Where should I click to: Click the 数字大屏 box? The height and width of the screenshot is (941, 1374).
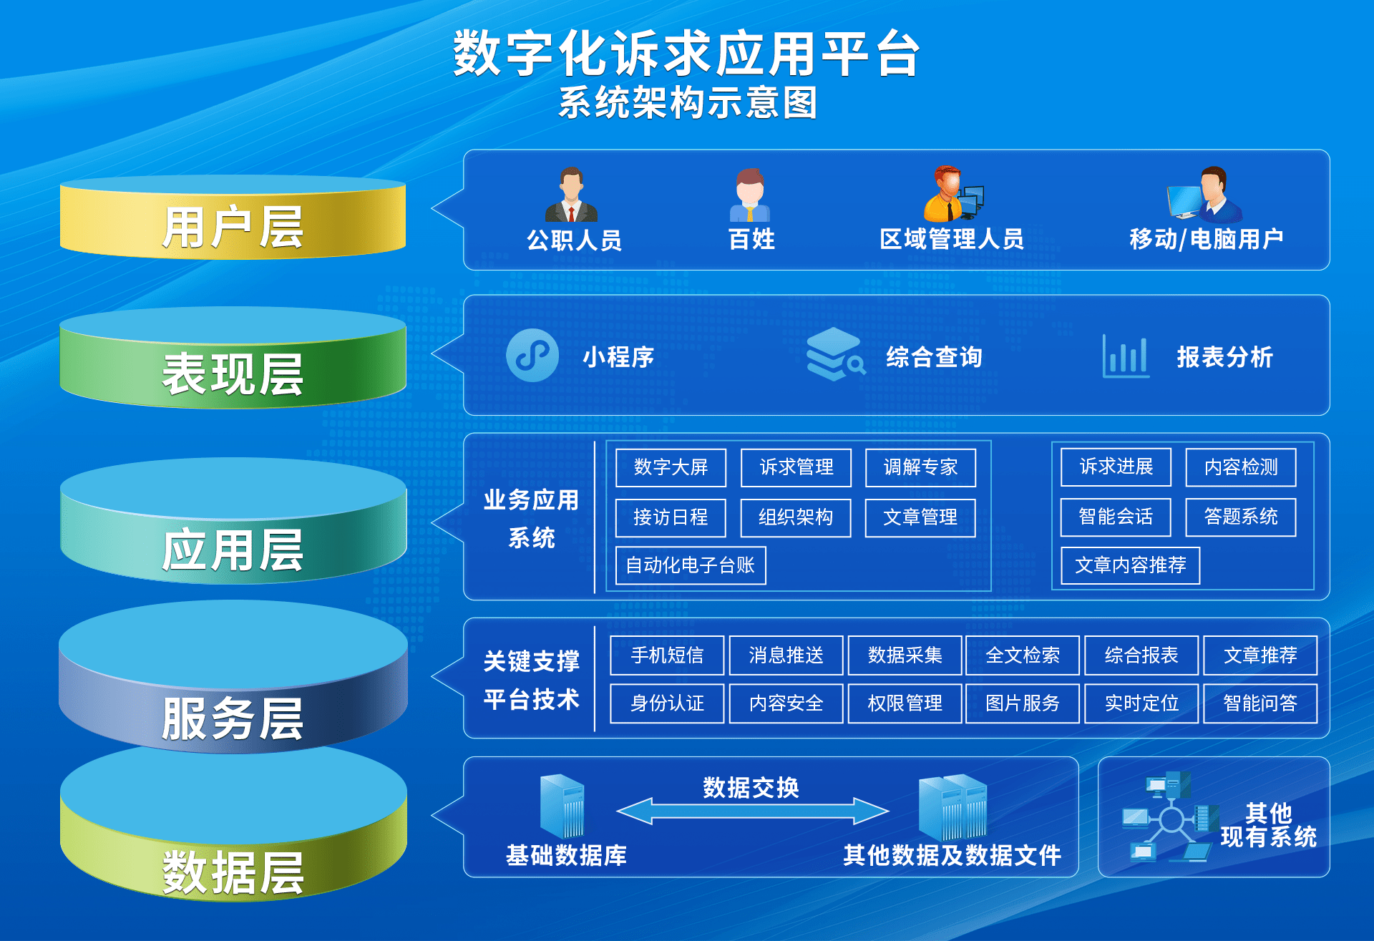coord(671,467)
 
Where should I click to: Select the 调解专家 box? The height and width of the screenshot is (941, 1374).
coord(920,467)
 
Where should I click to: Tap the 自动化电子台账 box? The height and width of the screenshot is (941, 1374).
coord(690,565)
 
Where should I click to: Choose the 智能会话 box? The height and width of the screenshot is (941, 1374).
coord(1115,517)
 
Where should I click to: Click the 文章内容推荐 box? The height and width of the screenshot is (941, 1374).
coord(1130,565)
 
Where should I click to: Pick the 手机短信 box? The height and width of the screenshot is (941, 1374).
coord(667,655)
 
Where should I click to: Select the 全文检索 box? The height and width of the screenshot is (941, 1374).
coord(1022,655)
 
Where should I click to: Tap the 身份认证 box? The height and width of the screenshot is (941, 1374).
coord(667,703)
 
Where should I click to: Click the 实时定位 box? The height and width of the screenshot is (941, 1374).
coord(1141,703)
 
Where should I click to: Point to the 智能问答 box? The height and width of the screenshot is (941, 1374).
coord(1259,703)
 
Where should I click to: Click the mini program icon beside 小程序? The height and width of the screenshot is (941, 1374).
coord(532,355)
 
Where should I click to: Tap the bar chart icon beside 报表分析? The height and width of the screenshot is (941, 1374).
coord(1125,356)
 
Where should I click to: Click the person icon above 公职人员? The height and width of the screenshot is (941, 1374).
coord(571,195)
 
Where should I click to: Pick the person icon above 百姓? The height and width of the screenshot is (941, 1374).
coord(750,195)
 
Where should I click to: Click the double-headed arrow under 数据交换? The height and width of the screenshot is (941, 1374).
coord(752,811)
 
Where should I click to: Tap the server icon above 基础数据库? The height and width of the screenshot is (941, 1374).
coord(562,806)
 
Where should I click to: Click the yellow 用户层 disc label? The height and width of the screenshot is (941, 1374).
coord(233,226)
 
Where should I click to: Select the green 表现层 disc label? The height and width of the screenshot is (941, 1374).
coord(233,373)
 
